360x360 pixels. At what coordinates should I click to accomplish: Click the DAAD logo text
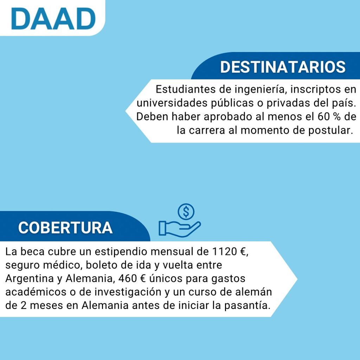point(53,19)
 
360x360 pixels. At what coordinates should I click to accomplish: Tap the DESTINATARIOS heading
point(283,67)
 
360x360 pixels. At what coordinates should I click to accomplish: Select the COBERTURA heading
point(65,228)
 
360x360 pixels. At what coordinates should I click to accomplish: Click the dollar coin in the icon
point(186,212)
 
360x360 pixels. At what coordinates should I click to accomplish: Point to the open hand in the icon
point(180,229)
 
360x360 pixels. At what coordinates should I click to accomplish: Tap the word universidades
point(172,103)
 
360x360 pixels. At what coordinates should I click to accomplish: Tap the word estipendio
point(121,252)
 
